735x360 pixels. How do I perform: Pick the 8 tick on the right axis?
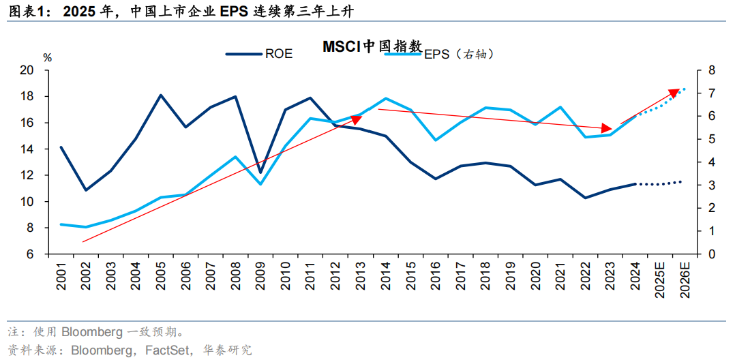click(x=711, y=70)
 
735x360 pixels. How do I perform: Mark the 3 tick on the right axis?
click(x=711, y=185)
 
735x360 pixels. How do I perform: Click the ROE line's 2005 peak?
click(x=161, y=95)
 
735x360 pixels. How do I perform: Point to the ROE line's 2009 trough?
click(x=260, y=172)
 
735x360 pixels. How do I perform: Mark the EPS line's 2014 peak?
click(x=386, y=98)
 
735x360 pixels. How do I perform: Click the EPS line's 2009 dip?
click(x=260, y=184)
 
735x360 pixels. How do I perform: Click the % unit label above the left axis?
click(x=47, y=57)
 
